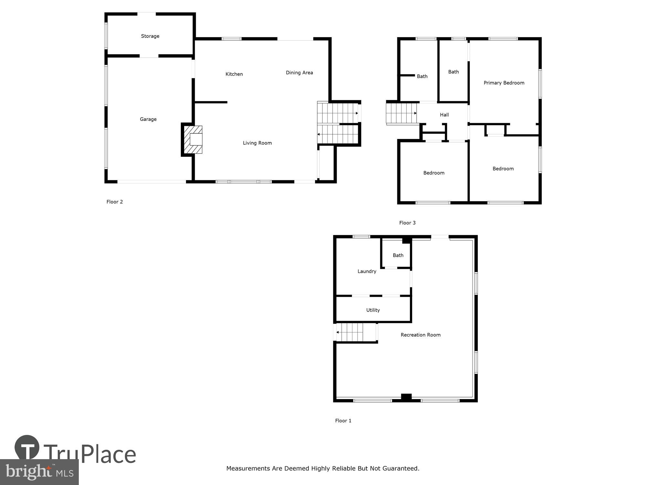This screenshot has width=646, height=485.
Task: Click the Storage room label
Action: click(x=150, y=36)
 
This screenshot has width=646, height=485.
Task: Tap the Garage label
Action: click(x=148, y=119)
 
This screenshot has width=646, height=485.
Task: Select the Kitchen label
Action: click(x=234, y=74)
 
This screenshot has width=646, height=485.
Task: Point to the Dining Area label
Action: click(x=299, y=73)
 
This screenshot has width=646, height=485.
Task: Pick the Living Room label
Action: click(x=257, y=143)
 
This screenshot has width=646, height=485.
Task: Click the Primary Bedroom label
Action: click(x=504, y=83)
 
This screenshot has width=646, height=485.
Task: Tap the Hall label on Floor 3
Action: click(x=444, y=115)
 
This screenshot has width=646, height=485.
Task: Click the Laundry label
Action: click(x=367, y=271)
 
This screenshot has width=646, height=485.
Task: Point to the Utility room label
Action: click(x=373, y=310)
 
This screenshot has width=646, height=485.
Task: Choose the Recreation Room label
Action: click(x=420, y=335)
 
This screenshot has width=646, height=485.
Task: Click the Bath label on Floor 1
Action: click(x=398, y=255)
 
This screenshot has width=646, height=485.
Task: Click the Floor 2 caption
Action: click(x=115, y=202)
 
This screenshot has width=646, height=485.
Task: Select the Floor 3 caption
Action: click(x=407, y=223)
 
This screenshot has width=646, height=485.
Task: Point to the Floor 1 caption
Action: click(x=343, y=421)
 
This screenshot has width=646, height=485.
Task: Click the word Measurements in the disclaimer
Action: click(x=249, y=468)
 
